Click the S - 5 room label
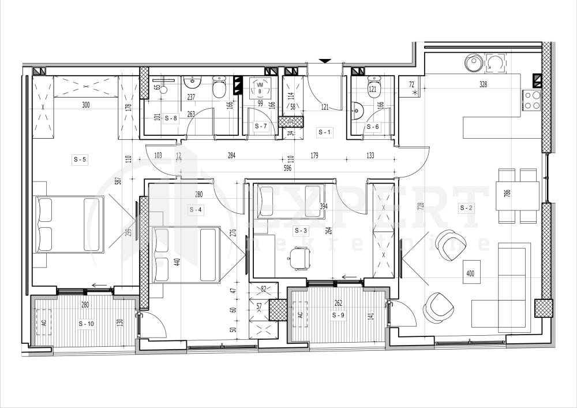coord(80,160)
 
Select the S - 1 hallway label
coord(325,132)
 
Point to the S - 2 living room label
coord(466,207)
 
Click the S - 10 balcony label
coord(86,324)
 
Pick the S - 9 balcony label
coord(338,316)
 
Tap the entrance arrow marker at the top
coord(325,60)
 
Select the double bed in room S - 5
coord(69,224)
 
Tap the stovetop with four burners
coord(532,100)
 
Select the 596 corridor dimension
coord(287,169)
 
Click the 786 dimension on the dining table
coord(507,193)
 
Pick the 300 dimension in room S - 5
coord(86,105)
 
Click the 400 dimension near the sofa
coord(470,273)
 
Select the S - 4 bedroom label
coord(196,210)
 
